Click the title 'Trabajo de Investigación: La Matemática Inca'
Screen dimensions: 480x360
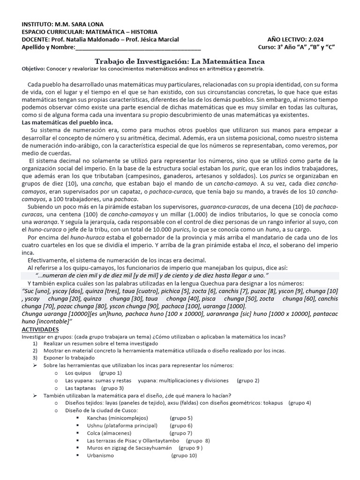point(180,61)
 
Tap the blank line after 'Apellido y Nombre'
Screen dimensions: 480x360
point(138,47)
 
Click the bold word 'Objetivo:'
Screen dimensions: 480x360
point(33,69)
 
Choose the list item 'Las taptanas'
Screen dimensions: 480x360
point(80,388)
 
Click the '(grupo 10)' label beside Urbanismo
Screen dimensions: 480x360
point(184,455)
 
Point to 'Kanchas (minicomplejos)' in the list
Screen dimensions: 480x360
point(117,418)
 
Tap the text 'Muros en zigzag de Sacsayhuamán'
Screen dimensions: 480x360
point(126,448)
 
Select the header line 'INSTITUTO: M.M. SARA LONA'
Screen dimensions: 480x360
point(63,24)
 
